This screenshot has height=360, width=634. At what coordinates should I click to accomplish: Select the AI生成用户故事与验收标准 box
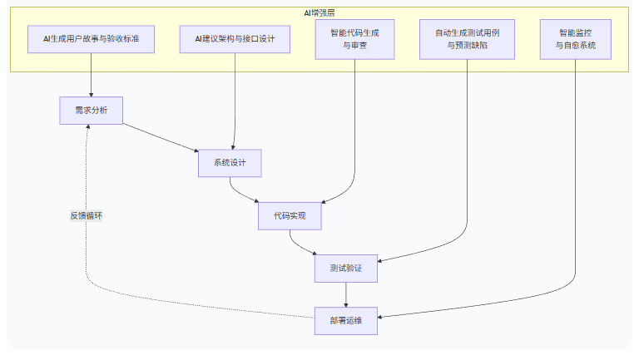[x=91, y=39]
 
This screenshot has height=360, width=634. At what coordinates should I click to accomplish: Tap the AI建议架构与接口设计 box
[x=235, y=39]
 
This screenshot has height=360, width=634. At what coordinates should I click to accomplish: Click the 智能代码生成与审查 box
[x=355, y=39]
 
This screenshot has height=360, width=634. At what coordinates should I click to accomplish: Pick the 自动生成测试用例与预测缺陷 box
[x=468, y=39]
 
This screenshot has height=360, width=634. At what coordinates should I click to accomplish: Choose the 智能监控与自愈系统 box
[x=576, y=39]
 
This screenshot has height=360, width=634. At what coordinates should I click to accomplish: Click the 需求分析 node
[x=91, y=111]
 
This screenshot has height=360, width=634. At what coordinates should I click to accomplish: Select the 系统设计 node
[x=230, y=163]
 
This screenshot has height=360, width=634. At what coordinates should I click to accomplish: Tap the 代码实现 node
[x=290, y=216]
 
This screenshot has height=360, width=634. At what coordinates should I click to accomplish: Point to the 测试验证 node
[x=346, y=269]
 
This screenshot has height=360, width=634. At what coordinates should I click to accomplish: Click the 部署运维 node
[x=346, y=321]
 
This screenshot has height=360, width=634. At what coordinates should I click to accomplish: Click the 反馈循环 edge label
[x=87, y=215]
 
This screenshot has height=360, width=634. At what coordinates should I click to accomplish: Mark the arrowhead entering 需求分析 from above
[x=91, y=93]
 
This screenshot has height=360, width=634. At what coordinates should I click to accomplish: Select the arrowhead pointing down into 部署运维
[x=346, y=303]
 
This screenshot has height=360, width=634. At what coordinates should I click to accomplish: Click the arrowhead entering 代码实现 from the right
[x=324, y=203]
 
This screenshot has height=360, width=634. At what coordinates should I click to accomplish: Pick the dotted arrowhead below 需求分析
[x=87, y=129]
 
